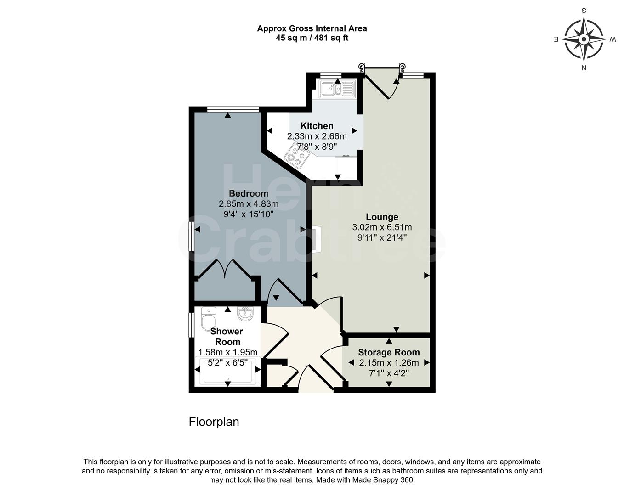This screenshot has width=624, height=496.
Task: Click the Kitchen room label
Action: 317,126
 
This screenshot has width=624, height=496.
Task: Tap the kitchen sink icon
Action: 337,89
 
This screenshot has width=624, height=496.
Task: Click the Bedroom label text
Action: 248,193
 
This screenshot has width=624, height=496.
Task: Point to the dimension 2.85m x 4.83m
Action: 248,204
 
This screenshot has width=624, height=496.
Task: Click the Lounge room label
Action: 382,217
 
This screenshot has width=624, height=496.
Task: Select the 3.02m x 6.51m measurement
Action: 382,227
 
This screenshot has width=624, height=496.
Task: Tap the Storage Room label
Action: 389,352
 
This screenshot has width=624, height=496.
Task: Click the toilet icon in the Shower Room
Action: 208,317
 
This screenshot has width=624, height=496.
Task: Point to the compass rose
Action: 584,39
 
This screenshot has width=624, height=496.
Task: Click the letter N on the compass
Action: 584,68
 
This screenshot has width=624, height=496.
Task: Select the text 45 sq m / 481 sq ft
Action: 312,38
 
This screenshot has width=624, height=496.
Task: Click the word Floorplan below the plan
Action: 214,422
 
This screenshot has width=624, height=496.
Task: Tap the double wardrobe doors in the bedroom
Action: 225,270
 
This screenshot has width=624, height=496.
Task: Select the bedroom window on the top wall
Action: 233,109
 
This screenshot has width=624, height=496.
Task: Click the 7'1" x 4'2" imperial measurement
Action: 389,373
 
